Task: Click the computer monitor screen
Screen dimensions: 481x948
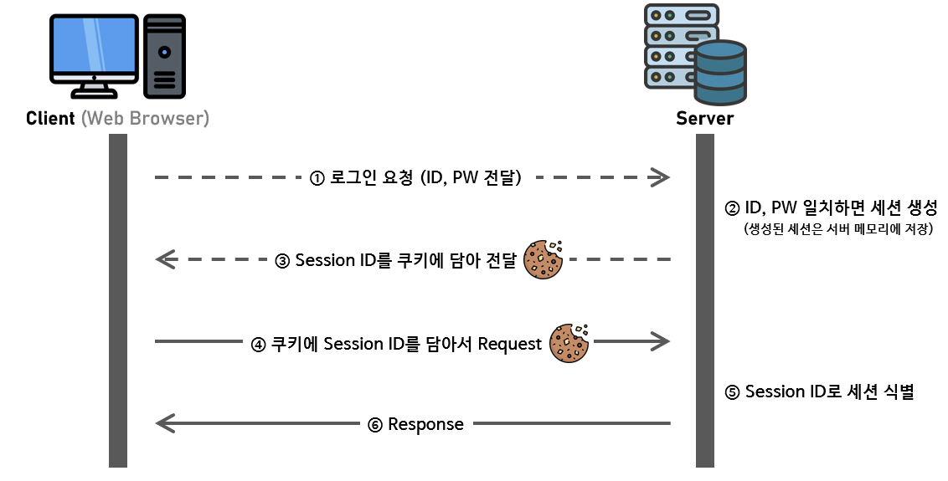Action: [94, 49]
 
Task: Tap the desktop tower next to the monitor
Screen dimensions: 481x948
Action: [165, 56]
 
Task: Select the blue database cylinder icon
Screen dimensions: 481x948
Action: [719, 69]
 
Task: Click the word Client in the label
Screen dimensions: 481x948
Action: [51, 118]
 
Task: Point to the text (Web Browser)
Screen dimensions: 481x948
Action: [144, 118]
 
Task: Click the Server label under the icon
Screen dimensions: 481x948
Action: [704, 118]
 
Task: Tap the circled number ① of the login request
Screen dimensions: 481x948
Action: [317, 177]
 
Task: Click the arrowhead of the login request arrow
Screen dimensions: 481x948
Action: [661, 177]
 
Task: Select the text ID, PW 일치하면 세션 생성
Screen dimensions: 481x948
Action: [832, 207]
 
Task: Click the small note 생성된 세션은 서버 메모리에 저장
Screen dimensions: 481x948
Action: [837, 228]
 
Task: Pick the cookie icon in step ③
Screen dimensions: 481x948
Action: [544, 259]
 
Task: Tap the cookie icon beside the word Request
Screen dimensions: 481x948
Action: [569, 342]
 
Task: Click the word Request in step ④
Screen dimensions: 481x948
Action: [510, 344]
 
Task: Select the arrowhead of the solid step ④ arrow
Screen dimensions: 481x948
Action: [661, 341]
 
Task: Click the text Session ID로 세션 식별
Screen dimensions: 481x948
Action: [819, 391]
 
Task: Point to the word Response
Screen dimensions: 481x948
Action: [425, 424]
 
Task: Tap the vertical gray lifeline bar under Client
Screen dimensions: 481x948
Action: [118, 301]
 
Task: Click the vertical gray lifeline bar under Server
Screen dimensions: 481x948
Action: [705, 301]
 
